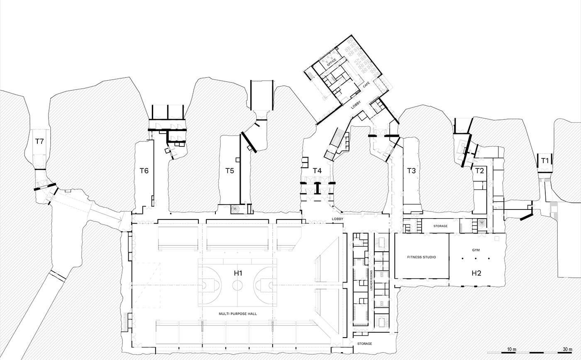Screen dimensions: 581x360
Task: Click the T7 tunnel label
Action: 39,141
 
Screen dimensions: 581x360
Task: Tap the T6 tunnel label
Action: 144,170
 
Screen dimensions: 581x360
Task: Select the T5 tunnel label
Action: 229,170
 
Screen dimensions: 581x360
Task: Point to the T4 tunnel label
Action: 317,170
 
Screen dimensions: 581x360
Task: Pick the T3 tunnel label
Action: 411,170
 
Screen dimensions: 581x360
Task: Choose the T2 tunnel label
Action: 480,170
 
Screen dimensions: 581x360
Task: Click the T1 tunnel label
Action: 545,161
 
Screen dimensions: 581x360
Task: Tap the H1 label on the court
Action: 238,273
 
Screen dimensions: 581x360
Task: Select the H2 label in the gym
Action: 476,273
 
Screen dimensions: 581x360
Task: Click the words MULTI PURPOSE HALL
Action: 238,314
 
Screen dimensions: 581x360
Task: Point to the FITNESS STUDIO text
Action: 422,257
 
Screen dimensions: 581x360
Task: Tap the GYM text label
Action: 476,250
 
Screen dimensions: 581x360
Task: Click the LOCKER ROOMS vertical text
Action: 371,280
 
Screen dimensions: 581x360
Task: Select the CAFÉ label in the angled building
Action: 366,85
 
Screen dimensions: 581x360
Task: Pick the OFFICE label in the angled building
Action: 332,62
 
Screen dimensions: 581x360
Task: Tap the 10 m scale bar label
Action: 511,349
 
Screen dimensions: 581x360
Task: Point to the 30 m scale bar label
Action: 568,349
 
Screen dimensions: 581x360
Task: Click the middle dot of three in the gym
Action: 476,258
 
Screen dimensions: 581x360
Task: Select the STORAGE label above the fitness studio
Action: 440,226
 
